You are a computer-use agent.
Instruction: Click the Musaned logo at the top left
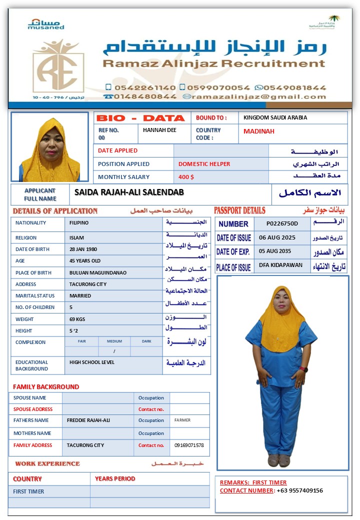(45, 24)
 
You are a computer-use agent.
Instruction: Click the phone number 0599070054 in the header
(218, 87)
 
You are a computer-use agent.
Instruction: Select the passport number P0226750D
(282, 223)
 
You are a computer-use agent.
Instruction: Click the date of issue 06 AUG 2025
(277, 237)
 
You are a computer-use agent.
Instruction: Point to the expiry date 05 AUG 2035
(277, 251)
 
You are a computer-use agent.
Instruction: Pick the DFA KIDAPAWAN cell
(280, 265)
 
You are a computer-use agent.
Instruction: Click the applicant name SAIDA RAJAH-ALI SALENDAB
(129, 192)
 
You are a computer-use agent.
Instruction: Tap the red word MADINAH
(259, 131)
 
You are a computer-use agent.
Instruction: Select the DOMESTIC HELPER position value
(204, 164)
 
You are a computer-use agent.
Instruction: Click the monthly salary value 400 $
(186, 177)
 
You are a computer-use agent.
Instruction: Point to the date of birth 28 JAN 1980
(83, 249)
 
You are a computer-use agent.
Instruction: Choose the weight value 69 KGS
(77, 319)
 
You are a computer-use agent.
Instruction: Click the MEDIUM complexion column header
(114, 341)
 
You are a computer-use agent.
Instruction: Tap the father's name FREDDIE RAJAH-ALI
(88, 420)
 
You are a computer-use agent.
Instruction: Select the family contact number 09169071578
(189, 445)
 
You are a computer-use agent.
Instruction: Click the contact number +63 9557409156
(300, 490)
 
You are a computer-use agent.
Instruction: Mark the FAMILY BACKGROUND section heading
(46, 386)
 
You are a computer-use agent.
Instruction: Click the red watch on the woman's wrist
(304, 369)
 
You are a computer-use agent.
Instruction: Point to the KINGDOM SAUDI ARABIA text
(275, 117)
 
